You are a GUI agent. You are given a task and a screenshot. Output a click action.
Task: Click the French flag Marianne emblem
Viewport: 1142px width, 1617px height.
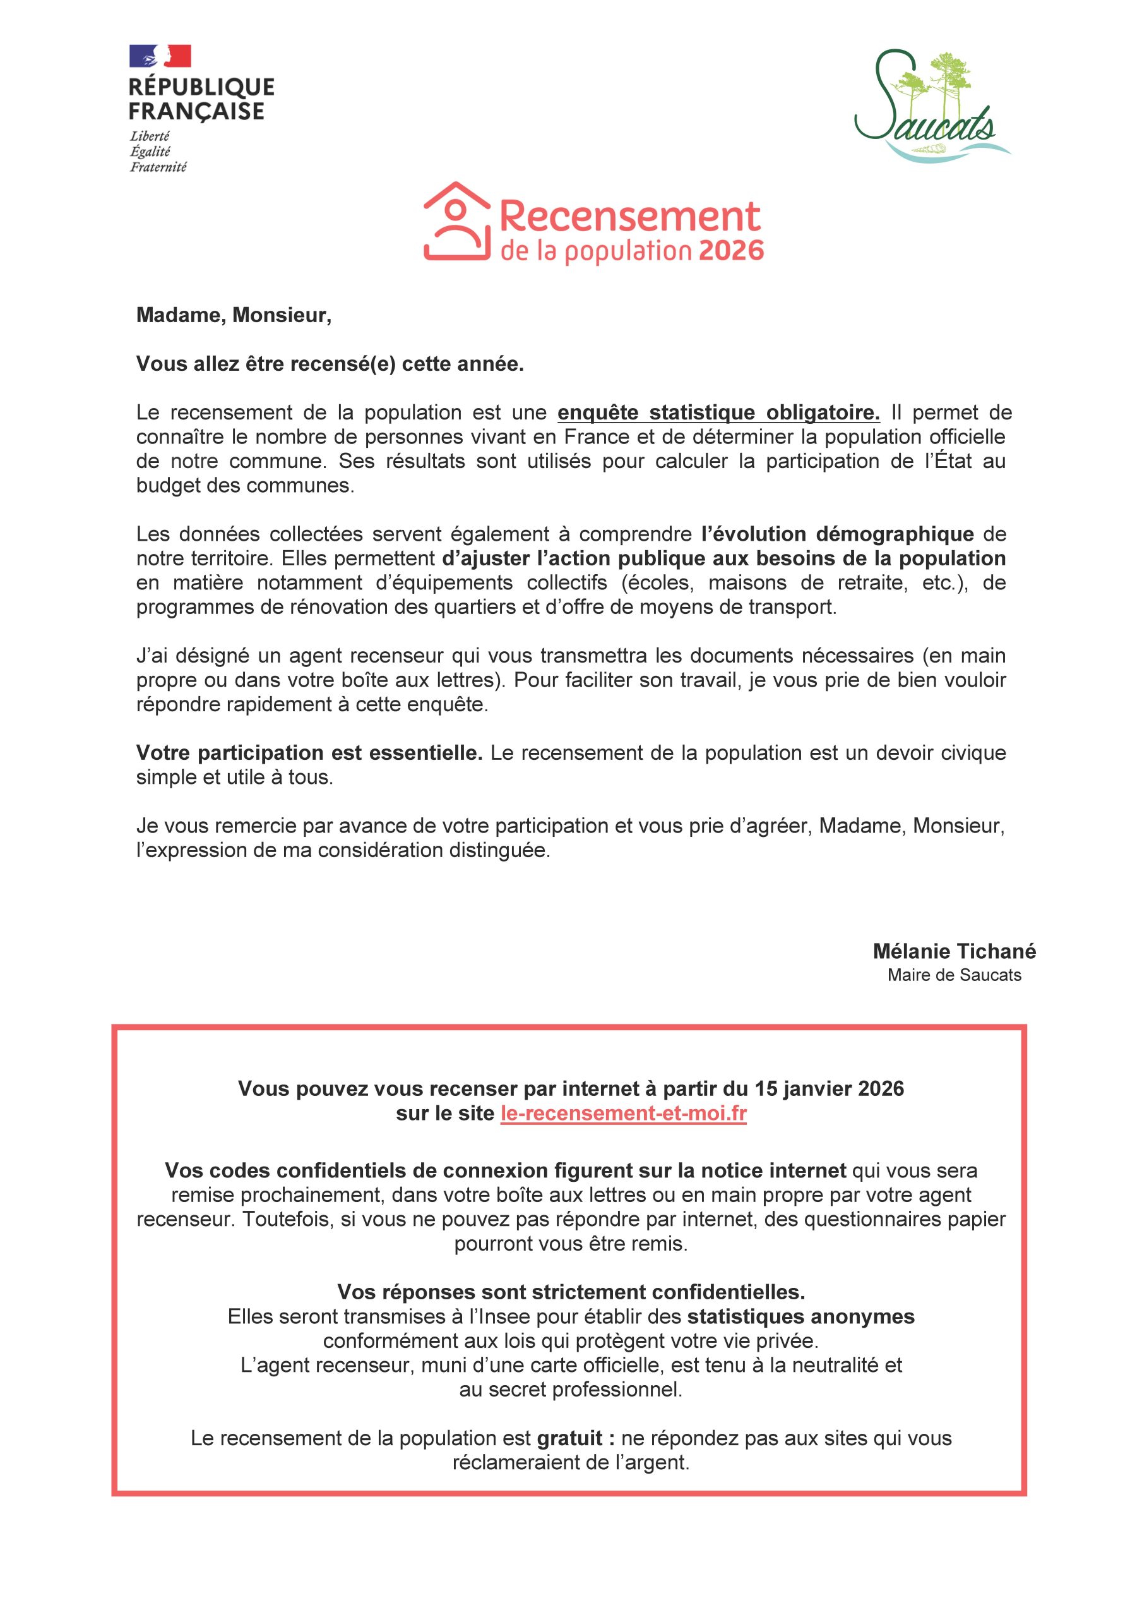[160, 56]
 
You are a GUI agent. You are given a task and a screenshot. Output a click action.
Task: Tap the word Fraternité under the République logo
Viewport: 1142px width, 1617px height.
[158, 167]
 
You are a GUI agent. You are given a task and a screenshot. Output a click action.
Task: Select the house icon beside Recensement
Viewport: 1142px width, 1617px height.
[456, 221]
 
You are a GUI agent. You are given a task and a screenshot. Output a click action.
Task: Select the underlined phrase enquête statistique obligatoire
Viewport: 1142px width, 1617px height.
[718, 412]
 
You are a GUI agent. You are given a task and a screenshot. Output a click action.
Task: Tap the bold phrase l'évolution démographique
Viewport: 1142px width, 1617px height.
[838, 534]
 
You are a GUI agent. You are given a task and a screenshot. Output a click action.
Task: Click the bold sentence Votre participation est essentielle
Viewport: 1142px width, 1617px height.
[309, 753]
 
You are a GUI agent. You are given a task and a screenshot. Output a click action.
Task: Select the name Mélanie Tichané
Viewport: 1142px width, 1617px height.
[954, 951]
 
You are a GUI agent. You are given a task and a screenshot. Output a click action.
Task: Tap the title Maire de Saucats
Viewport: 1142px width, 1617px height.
[954, 975]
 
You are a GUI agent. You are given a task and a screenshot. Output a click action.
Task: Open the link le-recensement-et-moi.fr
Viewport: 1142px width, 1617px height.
[623, 1114]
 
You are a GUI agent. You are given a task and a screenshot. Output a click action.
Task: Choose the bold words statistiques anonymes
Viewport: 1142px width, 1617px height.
[800, 1316]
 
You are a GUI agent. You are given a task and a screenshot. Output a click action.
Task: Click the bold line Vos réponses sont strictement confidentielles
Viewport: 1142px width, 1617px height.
[571, 1292]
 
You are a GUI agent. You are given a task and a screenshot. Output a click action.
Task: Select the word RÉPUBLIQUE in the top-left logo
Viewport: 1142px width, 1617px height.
[201, 87]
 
